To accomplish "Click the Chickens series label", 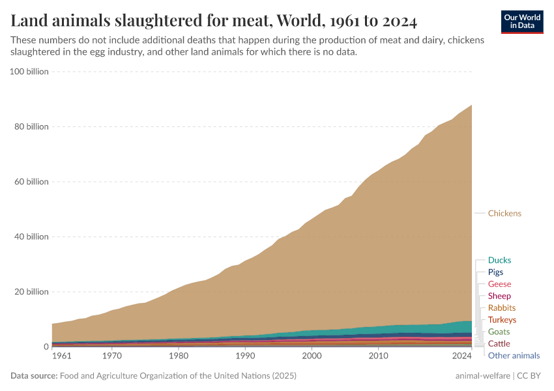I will click(x=504, y=213).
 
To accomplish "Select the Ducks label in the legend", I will click(x=499, y=260).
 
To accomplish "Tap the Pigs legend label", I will click(x=495, y=272).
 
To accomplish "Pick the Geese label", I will click(x=499, y=284).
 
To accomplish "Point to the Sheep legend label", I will click(x=499, y=296).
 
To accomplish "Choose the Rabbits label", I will click(x=501, y=308).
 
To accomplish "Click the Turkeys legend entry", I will click(x=502, y=320).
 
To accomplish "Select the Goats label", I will click(x=499, y=332).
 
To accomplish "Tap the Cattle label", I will click(x=499, y=343).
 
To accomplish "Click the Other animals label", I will click(x=514, y=355).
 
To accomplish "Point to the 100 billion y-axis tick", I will click(x=29, y=72).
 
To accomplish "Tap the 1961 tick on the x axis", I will click(x=62, y=356).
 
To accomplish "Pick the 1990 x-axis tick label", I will click(x=245, y=356).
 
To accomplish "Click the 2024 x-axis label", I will click(x=461, y=356).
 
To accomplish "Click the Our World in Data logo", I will click(x=522, y=22).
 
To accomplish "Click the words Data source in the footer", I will click(x=33, y=376).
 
